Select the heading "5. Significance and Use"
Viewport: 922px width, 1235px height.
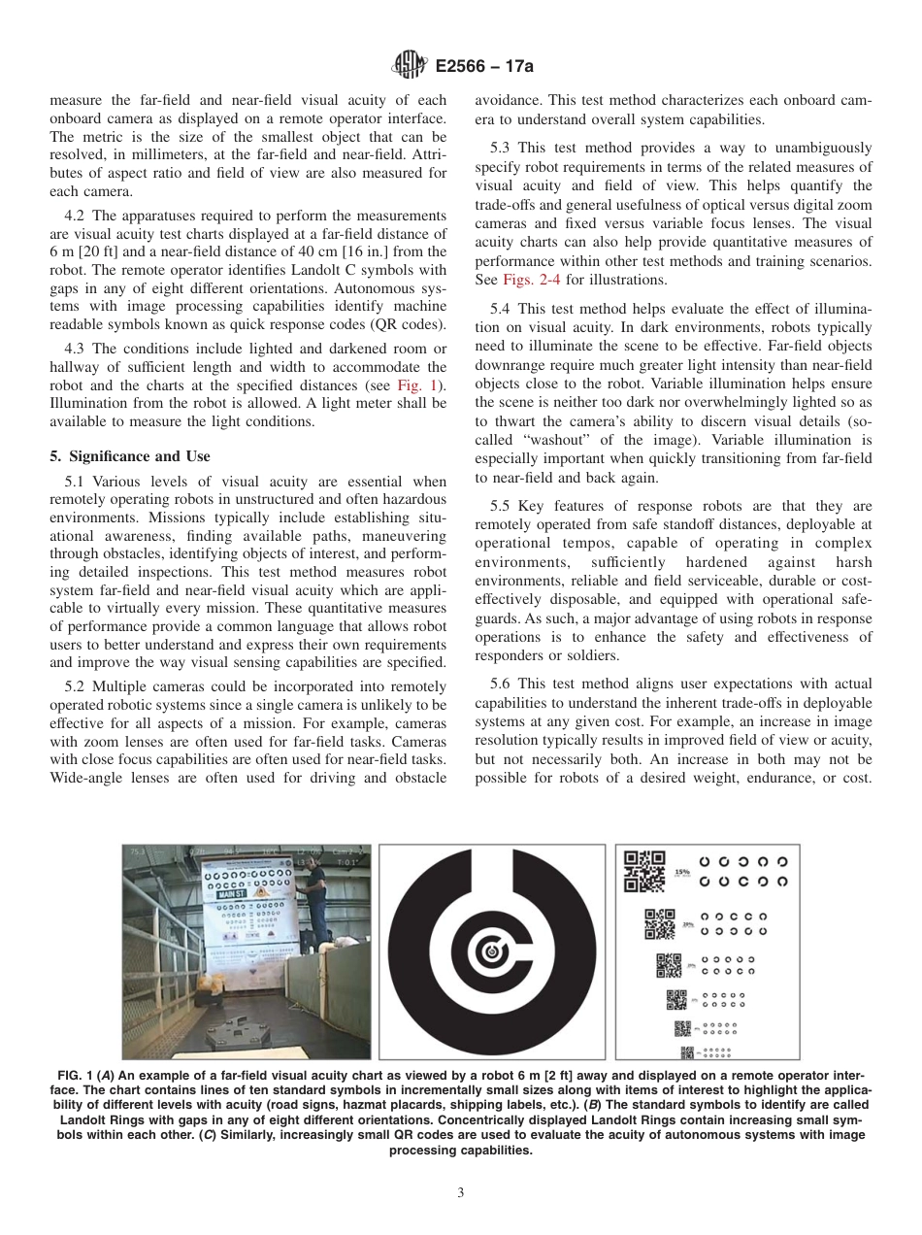129,456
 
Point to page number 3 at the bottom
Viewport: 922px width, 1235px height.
461,1193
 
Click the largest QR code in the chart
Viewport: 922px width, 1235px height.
644,871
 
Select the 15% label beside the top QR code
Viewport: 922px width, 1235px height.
682,872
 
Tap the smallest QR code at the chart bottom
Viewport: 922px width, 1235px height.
687,1052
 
